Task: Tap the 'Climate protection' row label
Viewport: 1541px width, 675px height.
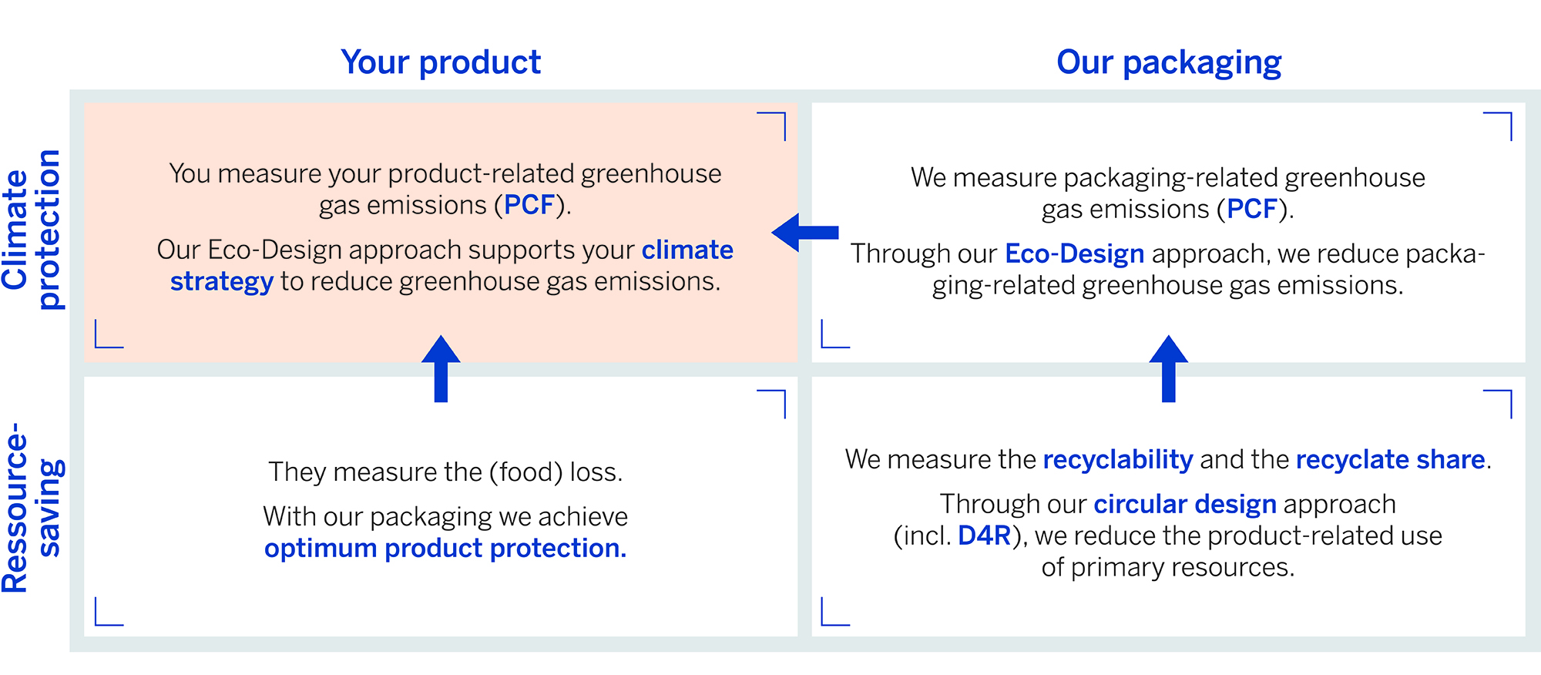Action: (x=32, y=230)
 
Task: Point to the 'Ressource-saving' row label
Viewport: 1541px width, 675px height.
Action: (x=32, y=508)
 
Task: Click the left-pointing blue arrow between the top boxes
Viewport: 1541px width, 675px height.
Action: (x=804, y=232)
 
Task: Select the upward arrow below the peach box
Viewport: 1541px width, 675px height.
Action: (x=441, y=368)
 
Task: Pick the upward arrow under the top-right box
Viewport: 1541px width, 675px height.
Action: (x=1168, y=368)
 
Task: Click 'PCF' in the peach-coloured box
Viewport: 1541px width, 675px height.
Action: (x=529, y=205)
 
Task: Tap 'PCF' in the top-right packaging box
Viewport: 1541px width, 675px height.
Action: (x=1252, y=209)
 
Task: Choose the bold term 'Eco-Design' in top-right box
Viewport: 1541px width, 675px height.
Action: (x=1074, y=254)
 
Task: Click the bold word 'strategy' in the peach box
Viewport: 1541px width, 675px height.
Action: (x=222, y=282)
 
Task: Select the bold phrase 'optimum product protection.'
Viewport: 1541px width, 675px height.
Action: (x=445, y=549)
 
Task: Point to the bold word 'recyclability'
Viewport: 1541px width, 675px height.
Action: (x=1117, y=460)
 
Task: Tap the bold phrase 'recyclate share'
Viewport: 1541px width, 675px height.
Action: (x=1390, y=460)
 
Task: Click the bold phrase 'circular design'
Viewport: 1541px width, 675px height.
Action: (x=1185, y=504)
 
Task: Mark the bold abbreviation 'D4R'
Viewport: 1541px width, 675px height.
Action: (x=984, y=536)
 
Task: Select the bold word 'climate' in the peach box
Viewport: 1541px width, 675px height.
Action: (x=687, y=250)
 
